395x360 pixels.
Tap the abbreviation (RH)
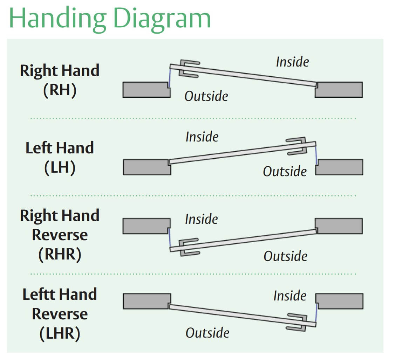point(60,90)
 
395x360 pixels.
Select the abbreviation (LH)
point(60,167)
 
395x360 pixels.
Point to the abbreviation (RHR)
point(60,254)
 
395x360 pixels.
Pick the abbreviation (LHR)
point(60,333)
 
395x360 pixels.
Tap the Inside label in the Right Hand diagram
point(292,62)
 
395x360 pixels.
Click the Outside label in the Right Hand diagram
point(206,96)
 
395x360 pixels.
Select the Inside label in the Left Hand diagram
point(202,137)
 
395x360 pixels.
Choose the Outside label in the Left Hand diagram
point(285,172)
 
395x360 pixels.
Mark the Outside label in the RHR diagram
point(285,256)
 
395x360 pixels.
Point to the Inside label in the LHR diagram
point(290,296)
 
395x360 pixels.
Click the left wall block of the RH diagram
point(146,90)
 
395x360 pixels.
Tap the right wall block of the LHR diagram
point(339,301)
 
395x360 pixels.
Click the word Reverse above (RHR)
point(60,235)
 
